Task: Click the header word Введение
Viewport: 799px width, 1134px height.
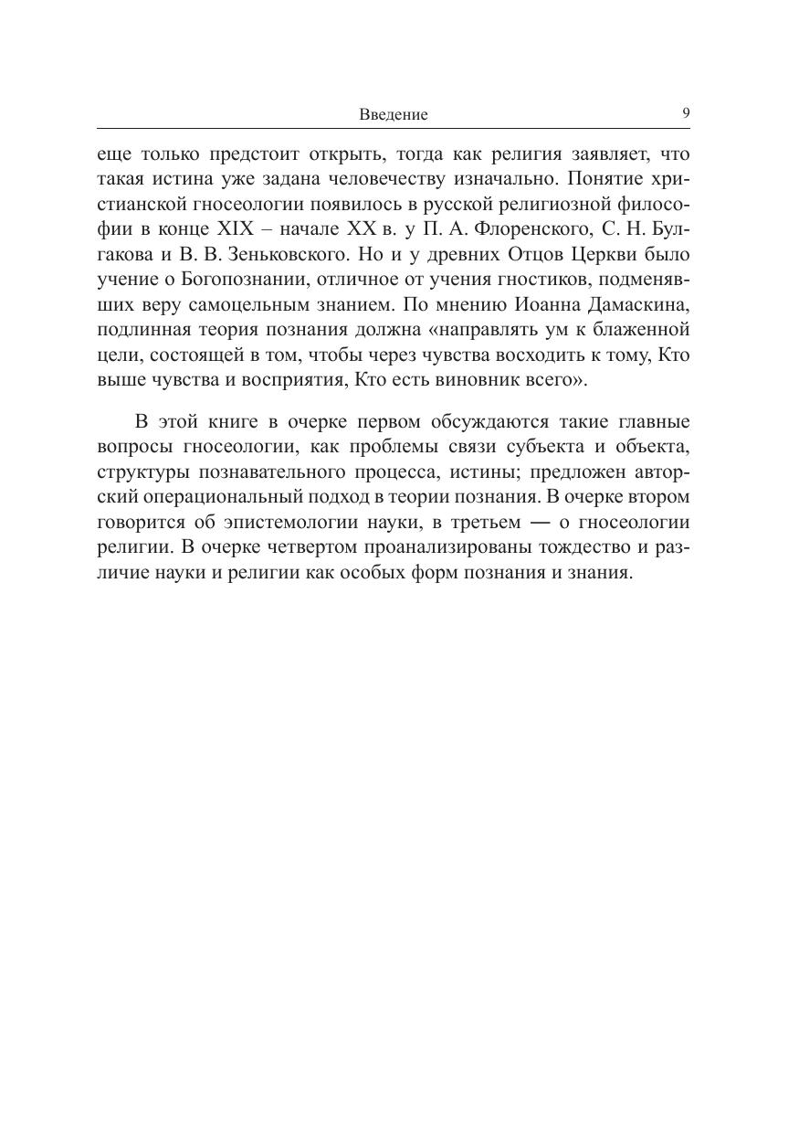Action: click(x=393, y=115)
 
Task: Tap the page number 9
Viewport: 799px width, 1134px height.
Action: click(x=686, y=113)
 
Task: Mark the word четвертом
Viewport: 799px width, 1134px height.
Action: click(x=287, y=547)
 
